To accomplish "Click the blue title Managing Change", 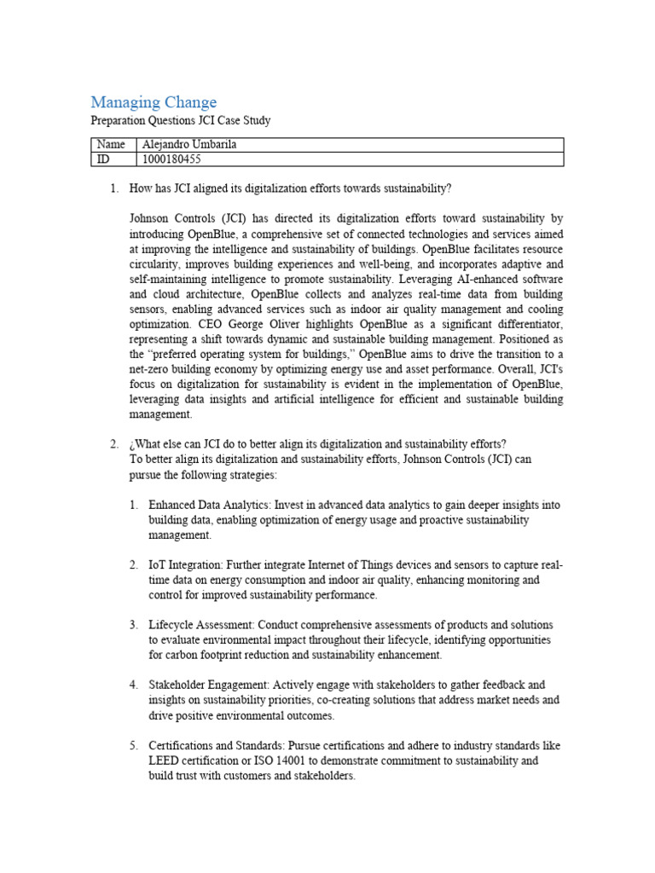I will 154,102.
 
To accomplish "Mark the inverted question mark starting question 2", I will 132,443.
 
